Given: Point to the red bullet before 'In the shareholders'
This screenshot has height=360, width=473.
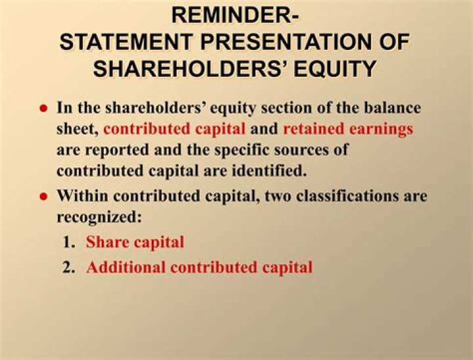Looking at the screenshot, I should pyautogui.click(x=44, y=108).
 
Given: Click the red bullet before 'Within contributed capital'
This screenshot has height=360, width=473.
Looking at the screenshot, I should pyautogui.click(x=44, y=196).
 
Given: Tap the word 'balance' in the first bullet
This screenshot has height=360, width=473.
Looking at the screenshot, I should pyautogui.click(x=391, y=107).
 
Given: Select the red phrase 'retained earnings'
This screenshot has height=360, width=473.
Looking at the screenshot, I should pyautogui.click(x=348, y=129).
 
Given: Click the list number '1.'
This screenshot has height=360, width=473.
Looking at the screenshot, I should pyautogui.click(x=70, y=242).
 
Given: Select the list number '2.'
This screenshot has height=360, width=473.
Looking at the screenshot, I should pyautogui.click(x=70, y=267).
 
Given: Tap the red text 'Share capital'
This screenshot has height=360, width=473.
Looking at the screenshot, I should pyautogui.click(x=135, y=242).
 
